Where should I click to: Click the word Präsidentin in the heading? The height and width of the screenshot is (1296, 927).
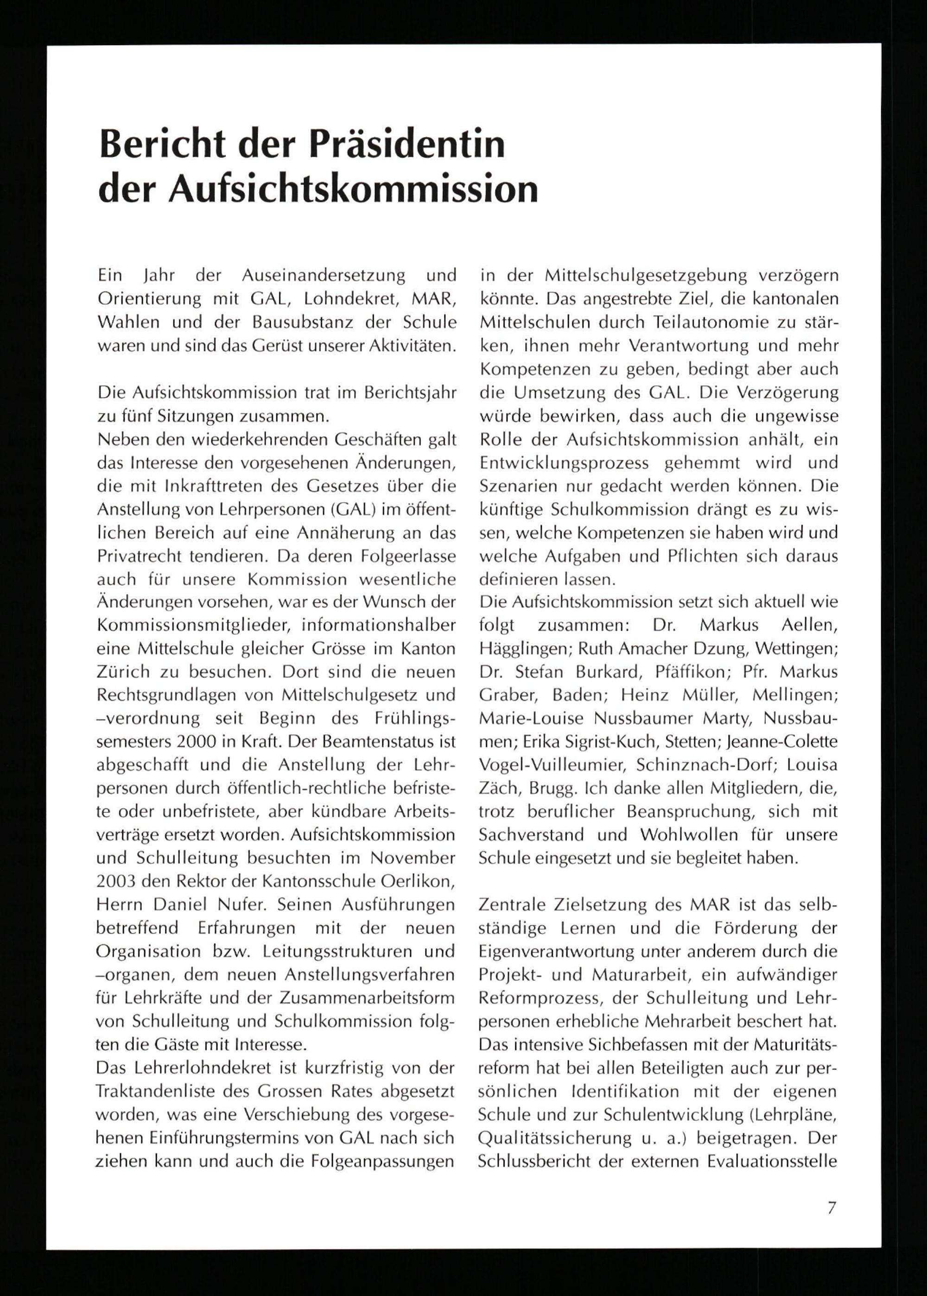[407, 145]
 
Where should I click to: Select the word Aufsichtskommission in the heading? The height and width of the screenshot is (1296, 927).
[353, 190]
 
